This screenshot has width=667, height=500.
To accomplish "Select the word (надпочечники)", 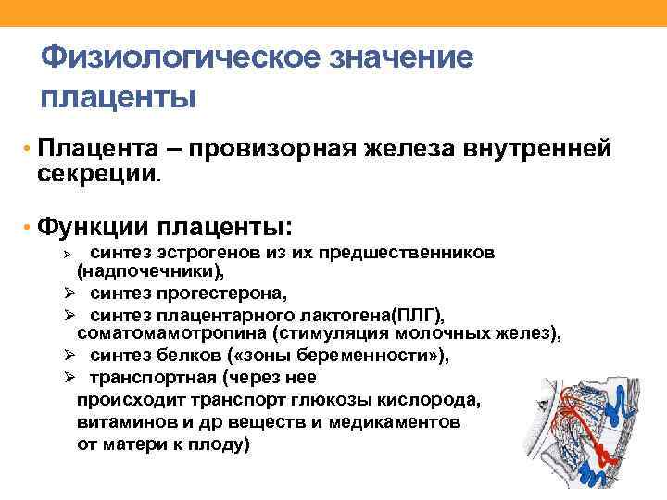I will (x=150, y=273).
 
